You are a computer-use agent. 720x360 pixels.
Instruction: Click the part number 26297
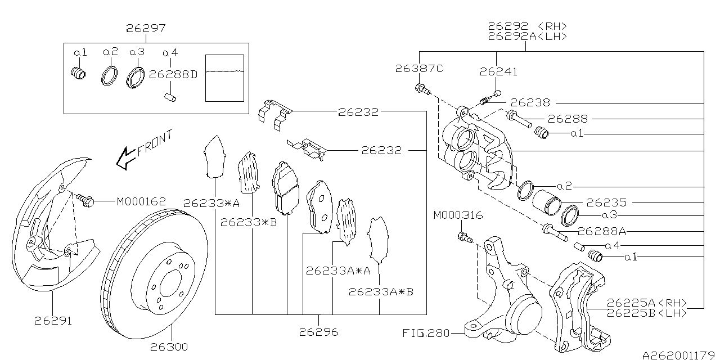pyautogui.click(x=146, y=28)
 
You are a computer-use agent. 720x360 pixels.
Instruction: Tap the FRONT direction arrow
pyautogui.click(x=126, y=158)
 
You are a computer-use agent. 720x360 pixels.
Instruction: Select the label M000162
pyautogui.click(x=141, y=201)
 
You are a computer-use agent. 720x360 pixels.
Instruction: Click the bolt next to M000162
pyautogui.click(x=85, y=200)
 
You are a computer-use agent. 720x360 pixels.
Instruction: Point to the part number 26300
pyautogui.click(x=169, y=347)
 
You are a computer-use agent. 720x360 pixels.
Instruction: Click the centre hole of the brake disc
pyautogui.click(x=170, y=283)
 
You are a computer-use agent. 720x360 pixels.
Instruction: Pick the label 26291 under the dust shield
pyautogui.click(x=53, y=321)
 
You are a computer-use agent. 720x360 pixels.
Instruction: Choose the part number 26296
pyautogui.click(x=319, y=332)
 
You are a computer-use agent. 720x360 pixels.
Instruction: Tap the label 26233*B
pyautogui.click(x=248, y=222)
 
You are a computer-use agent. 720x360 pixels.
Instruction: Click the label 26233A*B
pyautogui.click(x=381, y=292)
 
